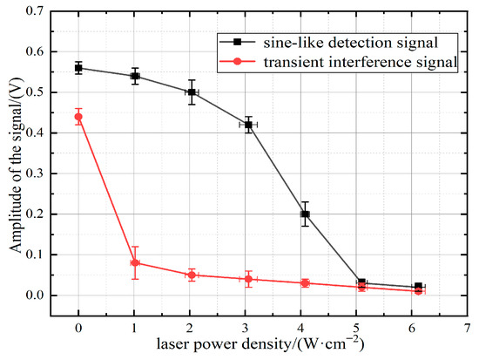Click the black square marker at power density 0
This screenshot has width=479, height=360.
(x=78, y=68)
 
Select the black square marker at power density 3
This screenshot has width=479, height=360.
(x=248, y=125)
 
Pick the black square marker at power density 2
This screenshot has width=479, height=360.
(x=192, y=92)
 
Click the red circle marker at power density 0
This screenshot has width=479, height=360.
(x=78, y=117)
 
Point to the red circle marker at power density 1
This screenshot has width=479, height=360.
(x=135, y=262)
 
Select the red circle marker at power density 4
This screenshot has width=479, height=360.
(x=305, y=283)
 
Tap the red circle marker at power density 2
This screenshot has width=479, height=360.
(x=192, y=275)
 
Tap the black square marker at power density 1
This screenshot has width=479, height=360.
(x=135, y=76)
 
